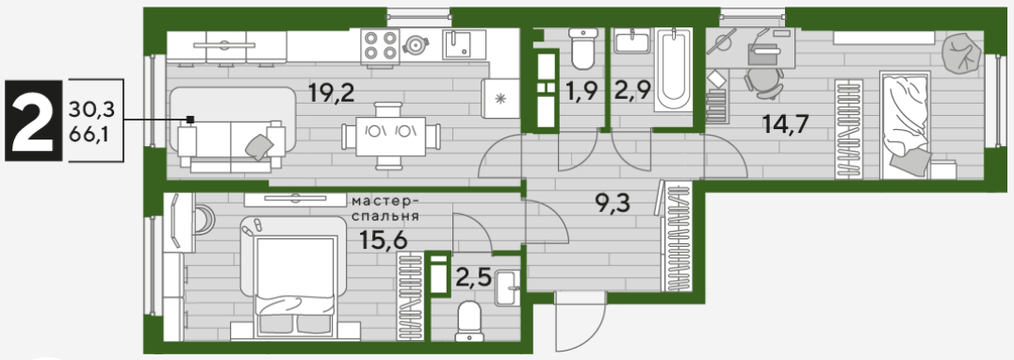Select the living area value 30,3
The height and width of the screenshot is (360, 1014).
[91, 111]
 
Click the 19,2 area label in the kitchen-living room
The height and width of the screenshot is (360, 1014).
[333, 95]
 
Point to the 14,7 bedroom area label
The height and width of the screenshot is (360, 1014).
[785, 123]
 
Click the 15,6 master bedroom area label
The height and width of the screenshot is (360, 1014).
[384, 242]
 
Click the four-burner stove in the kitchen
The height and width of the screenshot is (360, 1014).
[381, 46]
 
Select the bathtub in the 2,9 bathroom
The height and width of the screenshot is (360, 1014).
[674, 70]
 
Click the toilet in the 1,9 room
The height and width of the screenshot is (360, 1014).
[584, 48]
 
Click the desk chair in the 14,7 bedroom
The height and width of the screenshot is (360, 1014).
[763, 83]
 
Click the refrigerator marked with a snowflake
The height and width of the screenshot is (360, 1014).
[499, 99]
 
